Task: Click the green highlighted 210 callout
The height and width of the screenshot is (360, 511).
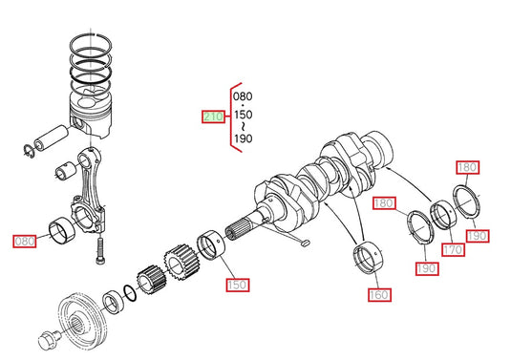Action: [x=213, y=116]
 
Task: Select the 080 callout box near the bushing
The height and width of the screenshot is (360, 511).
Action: [x=25, y=241]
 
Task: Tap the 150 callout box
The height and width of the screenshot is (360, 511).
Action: [x=238, y=285]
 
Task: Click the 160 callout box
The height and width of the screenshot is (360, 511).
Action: [x=379, y=295]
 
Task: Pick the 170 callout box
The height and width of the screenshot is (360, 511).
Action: [x=453, y=250]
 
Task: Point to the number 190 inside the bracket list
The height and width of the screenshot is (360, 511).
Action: [x=244, y=138]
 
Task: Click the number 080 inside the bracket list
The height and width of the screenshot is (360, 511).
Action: [x=243, y=96]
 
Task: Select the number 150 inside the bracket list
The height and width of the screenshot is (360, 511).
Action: [x=244, y=115]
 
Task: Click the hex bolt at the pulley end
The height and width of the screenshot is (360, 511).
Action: [x=49, y=339]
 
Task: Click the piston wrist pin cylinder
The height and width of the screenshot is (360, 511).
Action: [x=52, y=138]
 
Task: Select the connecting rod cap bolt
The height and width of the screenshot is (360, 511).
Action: [x=100, y=250]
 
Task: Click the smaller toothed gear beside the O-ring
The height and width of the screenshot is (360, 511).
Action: [x=151, y=280]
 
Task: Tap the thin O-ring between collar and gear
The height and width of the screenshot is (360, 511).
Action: [x=130, y=293]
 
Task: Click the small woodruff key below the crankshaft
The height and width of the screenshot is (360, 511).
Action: [x=306, y=243]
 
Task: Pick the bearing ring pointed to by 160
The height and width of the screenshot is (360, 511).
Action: [x=369, y=258]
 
